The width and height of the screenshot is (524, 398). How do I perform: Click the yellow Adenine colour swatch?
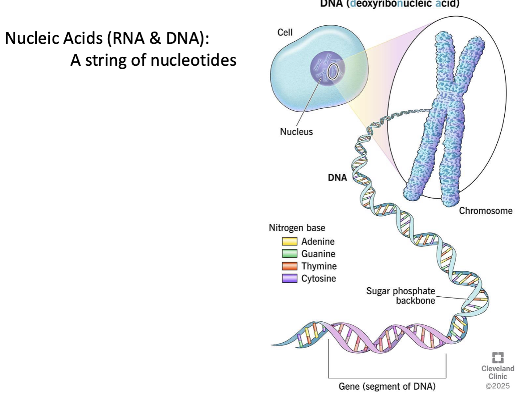[x=289, y=242]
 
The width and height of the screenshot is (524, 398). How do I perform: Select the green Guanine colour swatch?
[x=289, y=254]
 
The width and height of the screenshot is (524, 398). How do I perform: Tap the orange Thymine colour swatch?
[x=289, y=266]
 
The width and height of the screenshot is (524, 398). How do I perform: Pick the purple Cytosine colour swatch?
[x=289, y=278]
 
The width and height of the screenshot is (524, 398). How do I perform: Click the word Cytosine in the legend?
[x=319, y=278]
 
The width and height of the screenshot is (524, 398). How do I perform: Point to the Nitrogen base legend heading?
[x=297, y=228]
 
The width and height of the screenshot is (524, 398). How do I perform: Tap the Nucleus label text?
[x=296, y=131]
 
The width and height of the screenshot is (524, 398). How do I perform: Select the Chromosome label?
[x=485, y=211]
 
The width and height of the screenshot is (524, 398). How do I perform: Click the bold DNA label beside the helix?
[x=337, y=178]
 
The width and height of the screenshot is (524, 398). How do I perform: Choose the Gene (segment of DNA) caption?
[x=387, y=387]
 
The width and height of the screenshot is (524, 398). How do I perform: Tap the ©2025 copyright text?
[x=498, y=386]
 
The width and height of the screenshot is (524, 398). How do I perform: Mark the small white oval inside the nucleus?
[x=333, y=71]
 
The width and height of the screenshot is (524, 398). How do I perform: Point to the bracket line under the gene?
[x=387, y=377]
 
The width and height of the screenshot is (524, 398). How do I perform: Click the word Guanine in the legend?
[x=318, y=254]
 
